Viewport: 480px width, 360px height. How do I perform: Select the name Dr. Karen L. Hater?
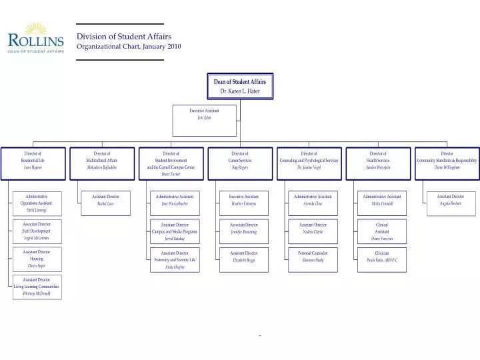pos(239,91)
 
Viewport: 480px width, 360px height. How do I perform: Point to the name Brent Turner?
pos(171,174)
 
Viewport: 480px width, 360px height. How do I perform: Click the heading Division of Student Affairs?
pos(123,36)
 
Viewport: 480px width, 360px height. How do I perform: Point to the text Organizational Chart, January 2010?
pos(129,47)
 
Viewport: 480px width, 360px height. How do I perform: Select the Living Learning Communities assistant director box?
pos(37,287)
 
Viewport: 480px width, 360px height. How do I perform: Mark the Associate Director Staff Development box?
pos(37,231)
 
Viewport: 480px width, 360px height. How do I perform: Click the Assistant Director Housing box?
pos(37,259)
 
